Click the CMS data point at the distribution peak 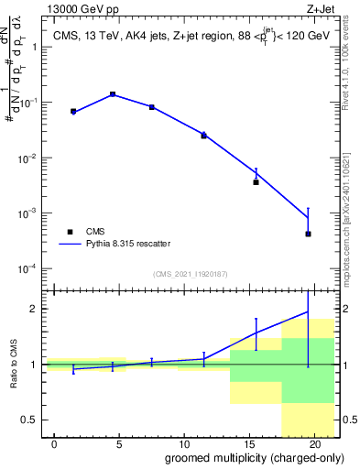click(x=113, y=94)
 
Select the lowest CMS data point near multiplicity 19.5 click(x=308, y=234)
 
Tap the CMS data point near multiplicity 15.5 click(x=256, y=181)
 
